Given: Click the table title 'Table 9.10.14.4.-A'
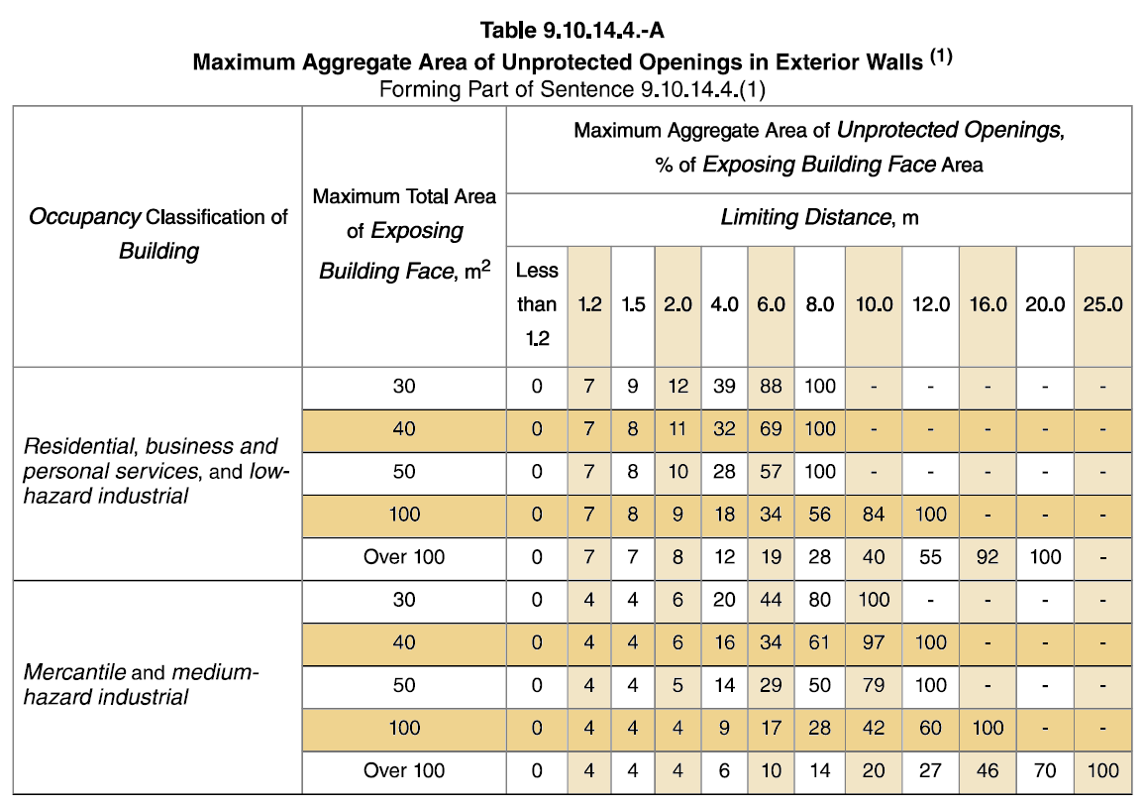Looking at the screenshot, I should [572, 30].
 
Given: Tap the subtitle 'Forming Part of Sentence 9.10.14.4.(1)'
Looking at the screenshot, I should [572, 90].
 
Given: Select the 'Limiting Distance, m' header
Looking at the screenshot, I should [819, 216].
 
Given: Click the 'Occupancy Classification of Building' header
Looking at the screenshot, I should [158, 234].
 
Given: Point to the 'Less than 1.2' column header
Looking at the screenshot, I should [537, 303].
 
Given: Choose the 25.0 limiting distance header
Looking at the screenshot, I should [1102, 304].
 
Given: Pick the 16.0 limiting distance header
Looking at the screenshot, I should [988, 304].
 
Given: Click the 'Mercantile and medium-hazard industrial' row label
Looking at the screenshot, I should [141, 685].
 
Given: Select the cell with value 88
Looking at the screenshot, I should [771, 387].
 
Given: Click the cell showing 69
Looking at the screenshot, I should [771, 429].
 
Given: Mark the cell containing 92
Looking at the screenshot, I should [988, 557].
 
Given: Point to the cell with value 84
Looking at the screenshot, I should [874, 515].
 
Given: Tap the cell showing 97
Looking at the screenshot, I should [874, 642].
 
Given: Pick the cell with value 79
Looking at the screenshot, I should [874, 685].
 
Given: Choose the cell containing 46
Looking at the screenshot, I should [988, 770].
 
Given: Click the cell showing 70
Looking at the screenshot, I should [1045, 770].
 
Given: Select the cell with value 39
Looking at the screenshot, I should [724, 387].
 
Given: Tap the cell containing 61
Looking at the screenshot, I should [820, 642].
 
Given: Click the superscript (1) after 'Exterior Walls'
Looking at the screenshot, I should [940, 58].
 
